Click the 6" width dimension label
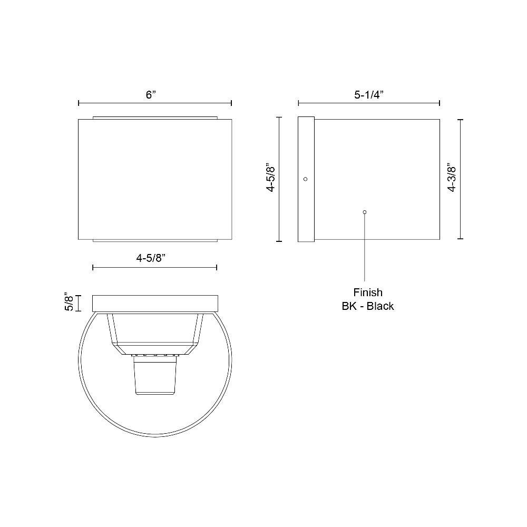[x=151, y=94]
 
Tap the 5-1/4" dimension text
[x=369, y=95]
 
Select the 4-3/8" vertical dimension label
[x=452, y=178]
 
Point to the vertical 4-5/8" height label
[x=270, y=178]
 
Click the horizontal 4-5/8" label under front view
[x=151, y=258]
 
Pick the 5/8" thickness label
[x=69, y=302]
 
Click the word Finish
[x=368, y=292]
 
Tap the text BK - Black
[x=368, y=306]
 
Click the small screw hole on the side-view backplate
[x=305, y=179]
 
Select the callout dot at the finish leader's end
[x=365, y=212]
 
